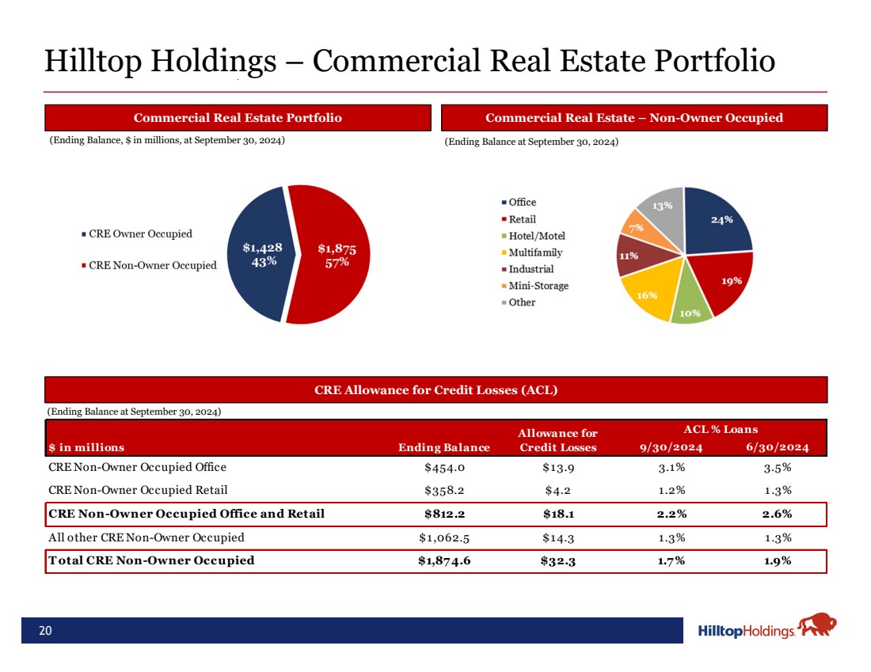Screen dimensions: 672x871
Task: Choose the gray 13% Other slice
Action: (x=664, y=207)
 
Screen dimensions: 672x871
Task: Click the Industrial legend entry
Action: (x=531, y=269)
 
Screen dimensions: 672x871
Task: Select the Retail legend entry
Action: (x=522, y=219)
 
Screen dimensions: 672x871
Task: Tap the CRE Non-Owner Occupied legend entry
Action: (x=152, y=265)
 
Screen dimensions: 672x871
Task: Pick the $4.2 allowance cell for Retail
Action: (x=558, y=491)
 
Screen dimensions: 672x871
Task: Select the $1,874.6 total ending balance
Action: (x=443, y=561)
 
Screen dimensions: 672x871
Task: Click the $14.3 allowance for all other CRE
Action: (x=558, y=537)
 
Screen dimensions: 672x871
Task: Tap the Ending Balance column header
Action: (x=444, y=447)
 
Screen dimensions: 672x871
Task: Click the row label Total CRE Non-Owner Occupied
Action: (x=152, y=561)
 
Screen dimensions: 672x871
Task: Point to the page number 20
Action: (x=46, y=631)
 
